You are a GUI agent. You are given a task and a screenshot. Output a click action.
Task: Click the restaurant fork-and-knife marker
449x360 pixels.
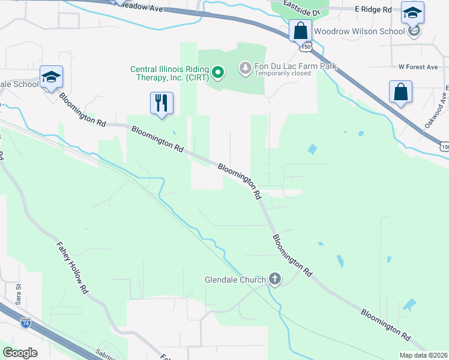161,103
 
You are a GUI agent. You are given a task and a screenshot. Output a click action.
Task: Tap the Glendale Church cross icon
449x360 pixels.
275,279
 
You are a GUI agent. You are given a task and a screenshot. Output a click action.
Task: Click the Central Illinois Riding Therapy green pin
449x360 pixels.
218,73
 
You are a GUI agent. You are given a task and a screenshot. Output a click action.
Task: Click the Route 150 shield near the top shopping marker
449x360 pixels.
307,46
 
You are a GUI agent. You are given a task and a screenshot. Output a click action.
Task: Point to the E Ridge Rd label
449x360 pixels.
373,10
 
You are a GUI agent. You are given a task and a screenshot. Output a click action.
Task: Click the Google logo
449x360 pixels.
20,352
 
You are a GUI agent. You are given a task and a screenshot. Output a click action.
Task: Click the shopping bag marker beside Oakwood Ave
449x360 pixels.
400,93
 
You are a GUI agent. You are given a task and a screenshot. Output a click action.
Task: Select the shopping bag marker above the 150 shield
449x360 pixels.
300,31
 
